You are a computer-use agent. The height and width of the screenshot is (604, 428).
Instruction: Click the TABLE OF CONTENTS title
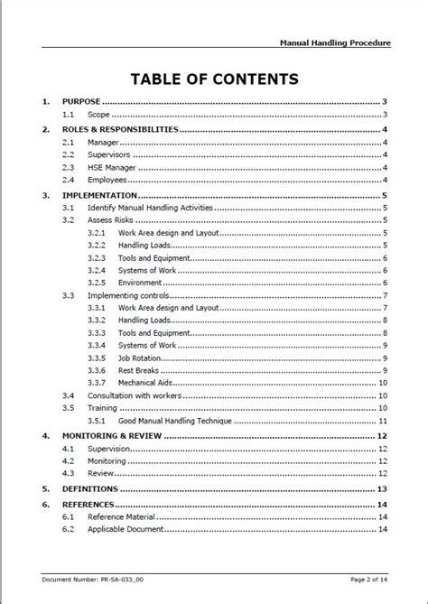click(214, 79)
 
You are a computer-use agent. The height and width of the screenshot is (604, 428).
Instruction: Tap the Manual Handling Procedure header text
click(335, 42)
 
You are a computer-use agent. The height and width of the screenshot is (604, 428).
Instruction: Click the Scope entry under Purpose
click(98, 115)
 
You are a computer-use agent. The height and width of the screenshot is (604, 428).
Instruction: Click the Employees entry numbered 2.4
click(108, 181)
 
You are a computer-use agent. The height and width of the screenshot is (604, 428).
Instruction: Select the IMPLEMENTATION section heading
click(99, 195)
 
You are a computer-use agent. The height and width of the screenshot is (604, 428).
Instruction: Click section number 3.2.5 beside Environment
click(98, 283)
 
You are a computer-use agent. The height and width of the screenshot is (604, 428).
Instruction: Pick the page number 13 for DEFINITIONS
click(383, 488)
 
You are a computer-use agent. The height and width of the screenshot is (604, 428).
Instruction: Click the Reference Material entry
click(122, 516)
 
